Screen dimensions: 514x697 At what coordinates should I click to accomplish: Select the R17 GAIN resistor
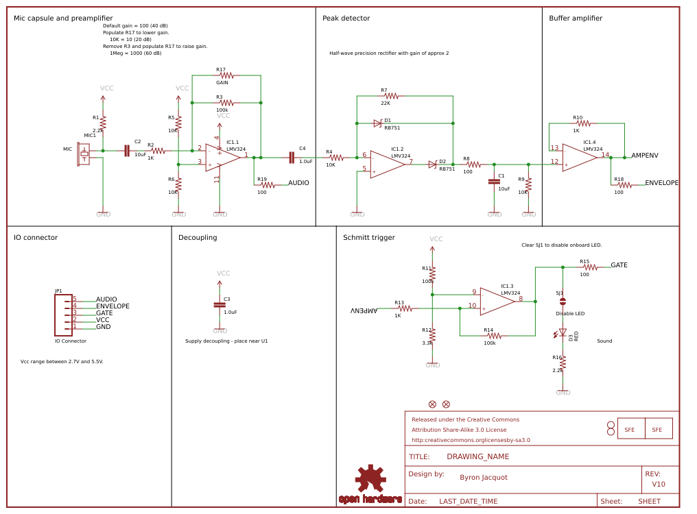coord(226,75)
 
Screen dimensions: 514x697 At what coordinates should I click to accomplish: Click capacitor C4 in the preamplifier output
coord(292,158)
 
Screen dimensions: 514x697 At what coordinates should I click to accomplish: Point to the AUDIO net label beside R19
coord(298,183)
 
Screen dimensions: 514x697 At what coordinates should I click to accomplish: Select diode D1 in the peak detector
coord(377,123)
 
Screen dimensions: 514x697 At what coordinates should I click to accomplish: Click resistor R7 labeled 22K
coord(391,96)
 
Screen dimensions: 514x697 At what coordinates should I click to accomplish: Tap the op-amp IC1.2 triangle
coord(387,164)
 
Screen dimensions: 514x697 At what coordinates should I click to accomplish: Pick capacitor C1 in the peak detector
coord(493,182)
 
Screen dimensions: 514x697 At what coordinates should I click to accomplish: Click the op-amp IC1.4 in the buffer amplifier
coord(579,158)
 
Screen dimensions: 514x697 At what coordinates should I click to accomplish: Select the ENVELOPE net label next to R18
coord(662,183)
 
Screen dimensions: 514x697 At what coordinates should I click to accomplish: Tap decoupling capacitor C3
coord(220,304)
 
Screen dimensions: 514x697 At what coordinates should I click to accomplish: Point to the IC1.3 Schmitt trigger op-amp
coord(497,302)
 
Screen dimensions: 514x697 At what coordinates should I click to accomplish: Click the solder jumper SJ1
coord(563,301)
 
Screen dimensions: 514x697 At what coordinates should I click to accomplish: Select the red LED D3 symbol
coord(563,333)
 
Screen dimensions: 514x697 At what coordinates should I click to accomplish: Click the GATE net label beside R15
coord(619,265)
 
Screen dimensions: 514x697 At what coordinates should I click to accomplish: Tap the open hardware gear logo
coord(370,478)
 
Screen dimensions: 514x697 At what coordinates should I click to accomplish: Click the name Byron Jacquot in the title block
coord(484,477)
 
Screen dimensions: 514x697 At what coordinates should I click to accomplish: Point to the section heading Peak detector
coord(345,19)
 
